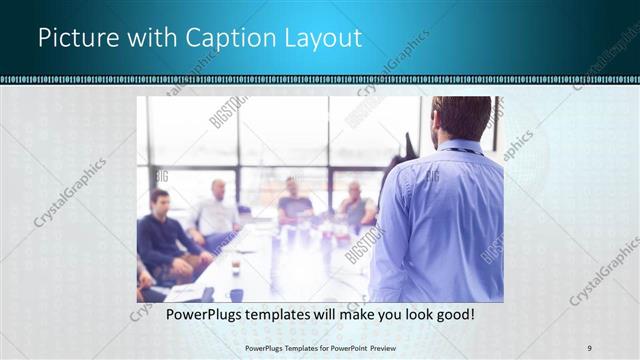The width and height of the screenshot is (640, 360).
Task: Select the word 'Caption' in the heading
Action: pyautogui.click(x=224, y=38)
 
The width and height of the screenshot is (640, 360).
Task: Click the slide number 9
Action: pyautogui.click(x=589, y=347)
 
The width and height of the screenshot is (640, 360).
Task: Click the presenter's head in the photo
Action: pyautogui.click(x=462, y=119)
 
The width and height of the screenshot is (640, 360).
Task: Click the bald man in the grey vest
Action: pyautogui.click(x=355, y=205)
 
